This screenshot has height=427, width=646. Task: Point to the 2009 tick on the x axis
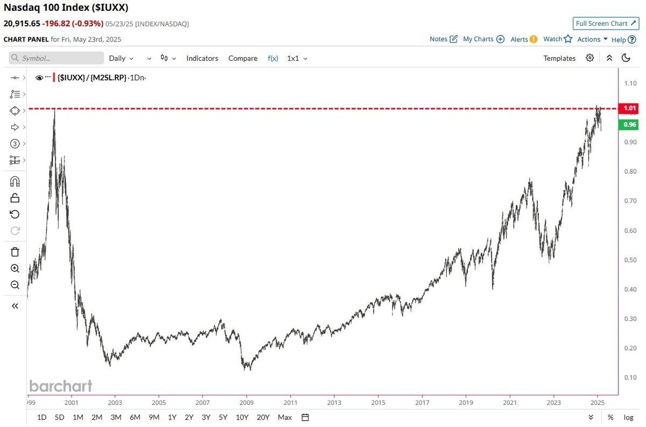(247, 402)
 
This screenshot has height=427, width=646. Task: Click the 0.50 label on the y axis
(630, 260)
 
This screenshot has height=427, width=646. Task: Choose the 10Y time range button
(242, 417)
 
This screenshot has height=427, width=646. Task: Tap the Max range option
(285, 417)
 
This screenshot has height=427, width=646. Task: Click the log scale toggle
(628, 417)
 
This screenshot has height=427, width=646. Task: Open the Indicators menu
(202, 58)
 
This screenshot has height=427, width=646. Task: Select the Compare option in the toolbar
(243, 58)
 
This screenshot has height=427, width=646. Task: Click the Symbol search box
(57, 58)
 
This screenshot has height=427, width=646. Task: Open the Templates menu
(559, 58)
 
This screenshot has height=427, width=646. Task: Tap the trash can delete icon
(15, 252)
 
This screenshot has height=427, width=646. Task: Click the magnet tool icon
(15, 181)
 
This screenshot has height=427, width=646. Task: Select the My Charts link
(483, 39)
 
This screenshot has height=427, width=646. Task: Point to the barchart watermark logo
(61, 386)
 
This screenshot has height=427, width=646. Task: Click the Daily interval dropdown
(121, 58)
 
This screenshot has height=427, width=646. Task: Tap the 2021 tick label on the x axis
(510, 402)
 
